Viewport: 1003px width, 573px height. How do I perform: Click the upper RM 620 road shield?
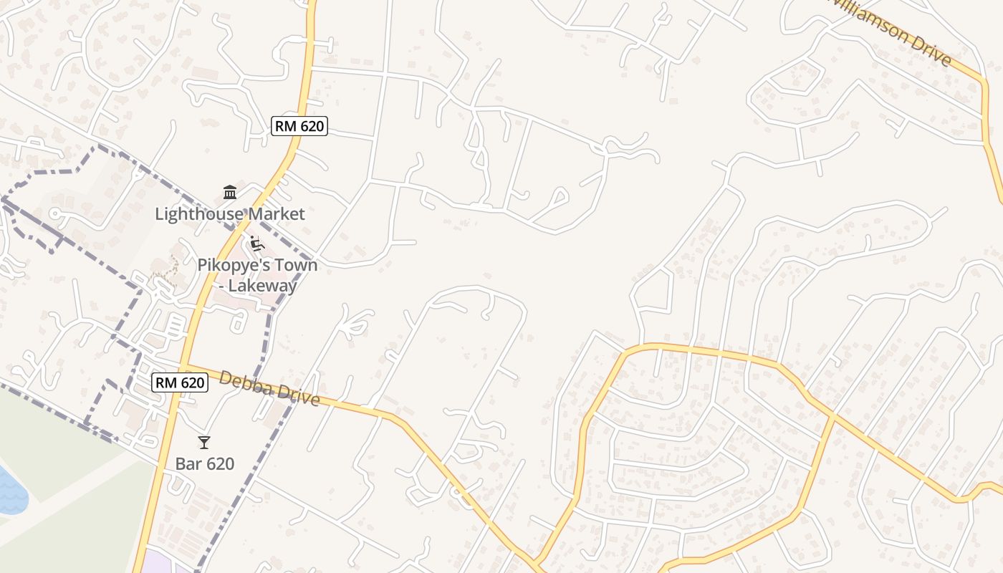299,127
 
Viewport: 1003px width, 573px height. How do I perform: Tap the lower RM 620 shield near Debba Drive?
180,383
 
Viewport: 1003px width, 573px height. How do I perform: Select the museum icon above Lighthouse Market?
230,192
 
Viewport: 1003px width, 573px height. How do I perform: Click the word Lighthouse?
195,214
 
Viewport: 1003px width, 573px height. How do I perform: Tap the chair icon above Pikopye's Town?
256,244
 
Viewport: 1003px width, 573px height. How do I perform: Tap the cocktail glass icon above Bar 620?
204,443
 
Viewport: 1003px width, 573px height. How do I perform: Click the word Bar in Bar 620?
187,464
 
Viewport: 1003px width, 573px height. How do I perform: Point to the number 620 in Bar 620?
219,464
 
